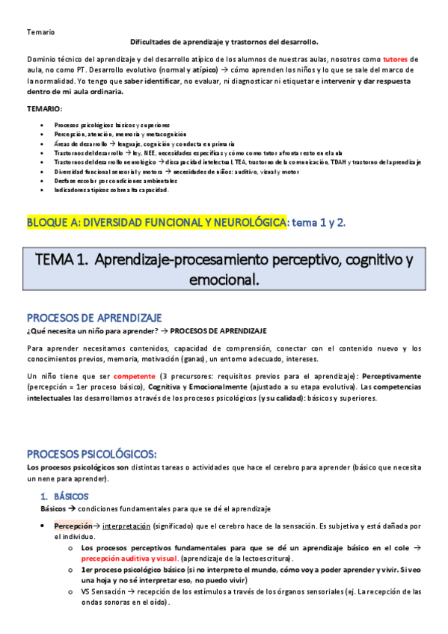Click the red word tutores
pyautogui.click(x=396, y=58)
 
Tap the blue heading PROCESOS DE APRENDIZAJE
pyautogui.click(x=94, y=318)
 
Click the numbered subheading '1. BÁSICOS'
pyautogui.click(x=64, y=496)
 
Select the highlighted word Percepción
pyautogui.click(x=73, y=526)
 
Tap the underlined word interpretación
pyautogui.click(x=126, y=526)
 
